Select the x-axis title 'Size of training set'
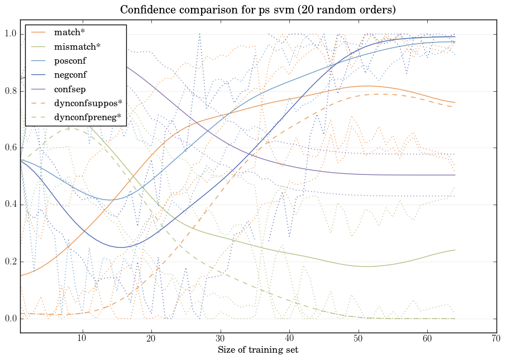(x=258, y=350)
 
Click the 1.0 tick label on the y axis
(x=10, y=35)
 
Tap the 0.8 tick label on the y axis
(x=10, y=92)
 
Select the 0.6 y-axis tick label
(x=10, y=148)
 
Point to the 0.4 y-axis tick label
(x=10, y=205)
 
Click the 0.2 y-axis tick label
(x=10, y=262)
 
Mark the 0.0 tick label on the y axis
(x=10, y=319)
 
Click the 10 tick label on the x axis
(x=82, y=338)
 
